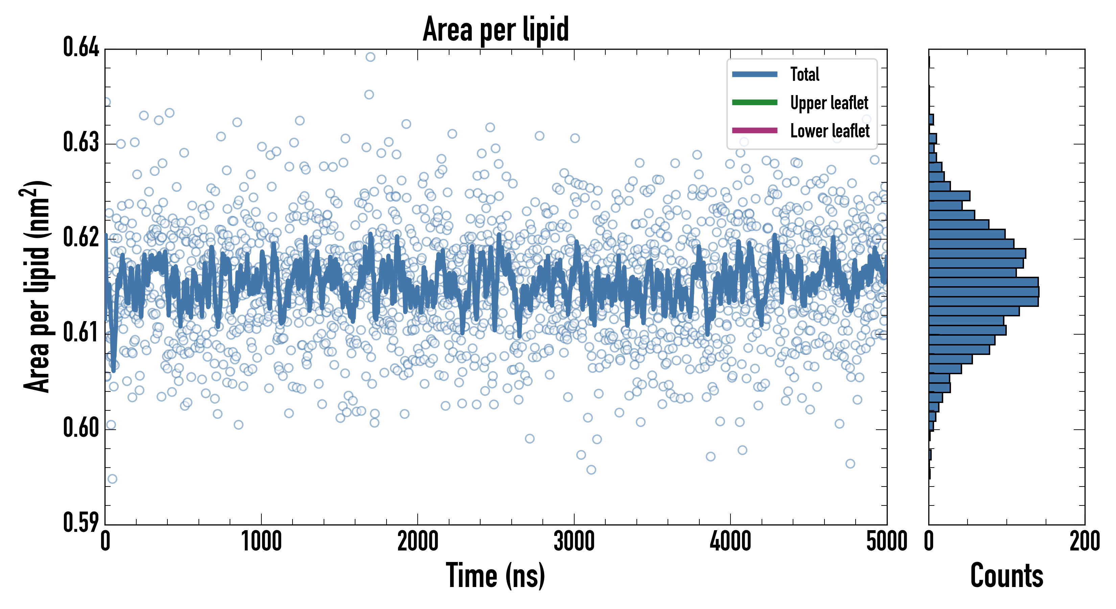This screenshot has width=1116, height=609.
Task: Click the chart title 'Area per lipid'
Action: (496, 29)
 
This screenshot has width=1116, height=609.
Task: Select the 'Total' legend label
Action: (805, 74)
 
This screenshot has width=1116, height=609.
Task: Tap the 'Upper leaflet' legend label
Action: (829, 103)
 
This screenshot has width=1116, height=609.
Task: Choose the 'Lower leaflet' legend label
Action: (830, 131)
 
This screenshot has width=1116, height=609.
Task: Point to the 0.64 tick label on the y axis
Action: (81, 48)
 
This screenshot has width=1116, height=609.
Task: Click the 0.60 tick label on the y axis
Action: (81, 428)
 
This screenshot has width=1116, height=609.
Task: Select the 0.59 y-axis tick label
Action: (81, 522)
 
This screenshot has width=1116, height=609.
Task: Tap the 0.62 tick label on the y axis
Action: (81, 238)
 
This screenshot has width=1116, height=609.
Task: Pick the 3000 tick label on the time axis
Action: (574, 542)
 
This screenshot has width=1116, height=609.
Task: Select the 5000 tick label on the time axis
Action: (886, 542)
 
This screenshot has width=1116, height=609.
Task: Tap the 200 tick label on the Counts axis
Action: (1084, 542)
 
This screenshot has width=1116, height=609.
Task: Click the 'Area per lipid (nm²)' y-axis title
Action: (37, 287)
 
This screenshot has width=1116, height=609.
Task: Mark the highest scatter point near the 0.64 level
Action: (370, 57)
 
